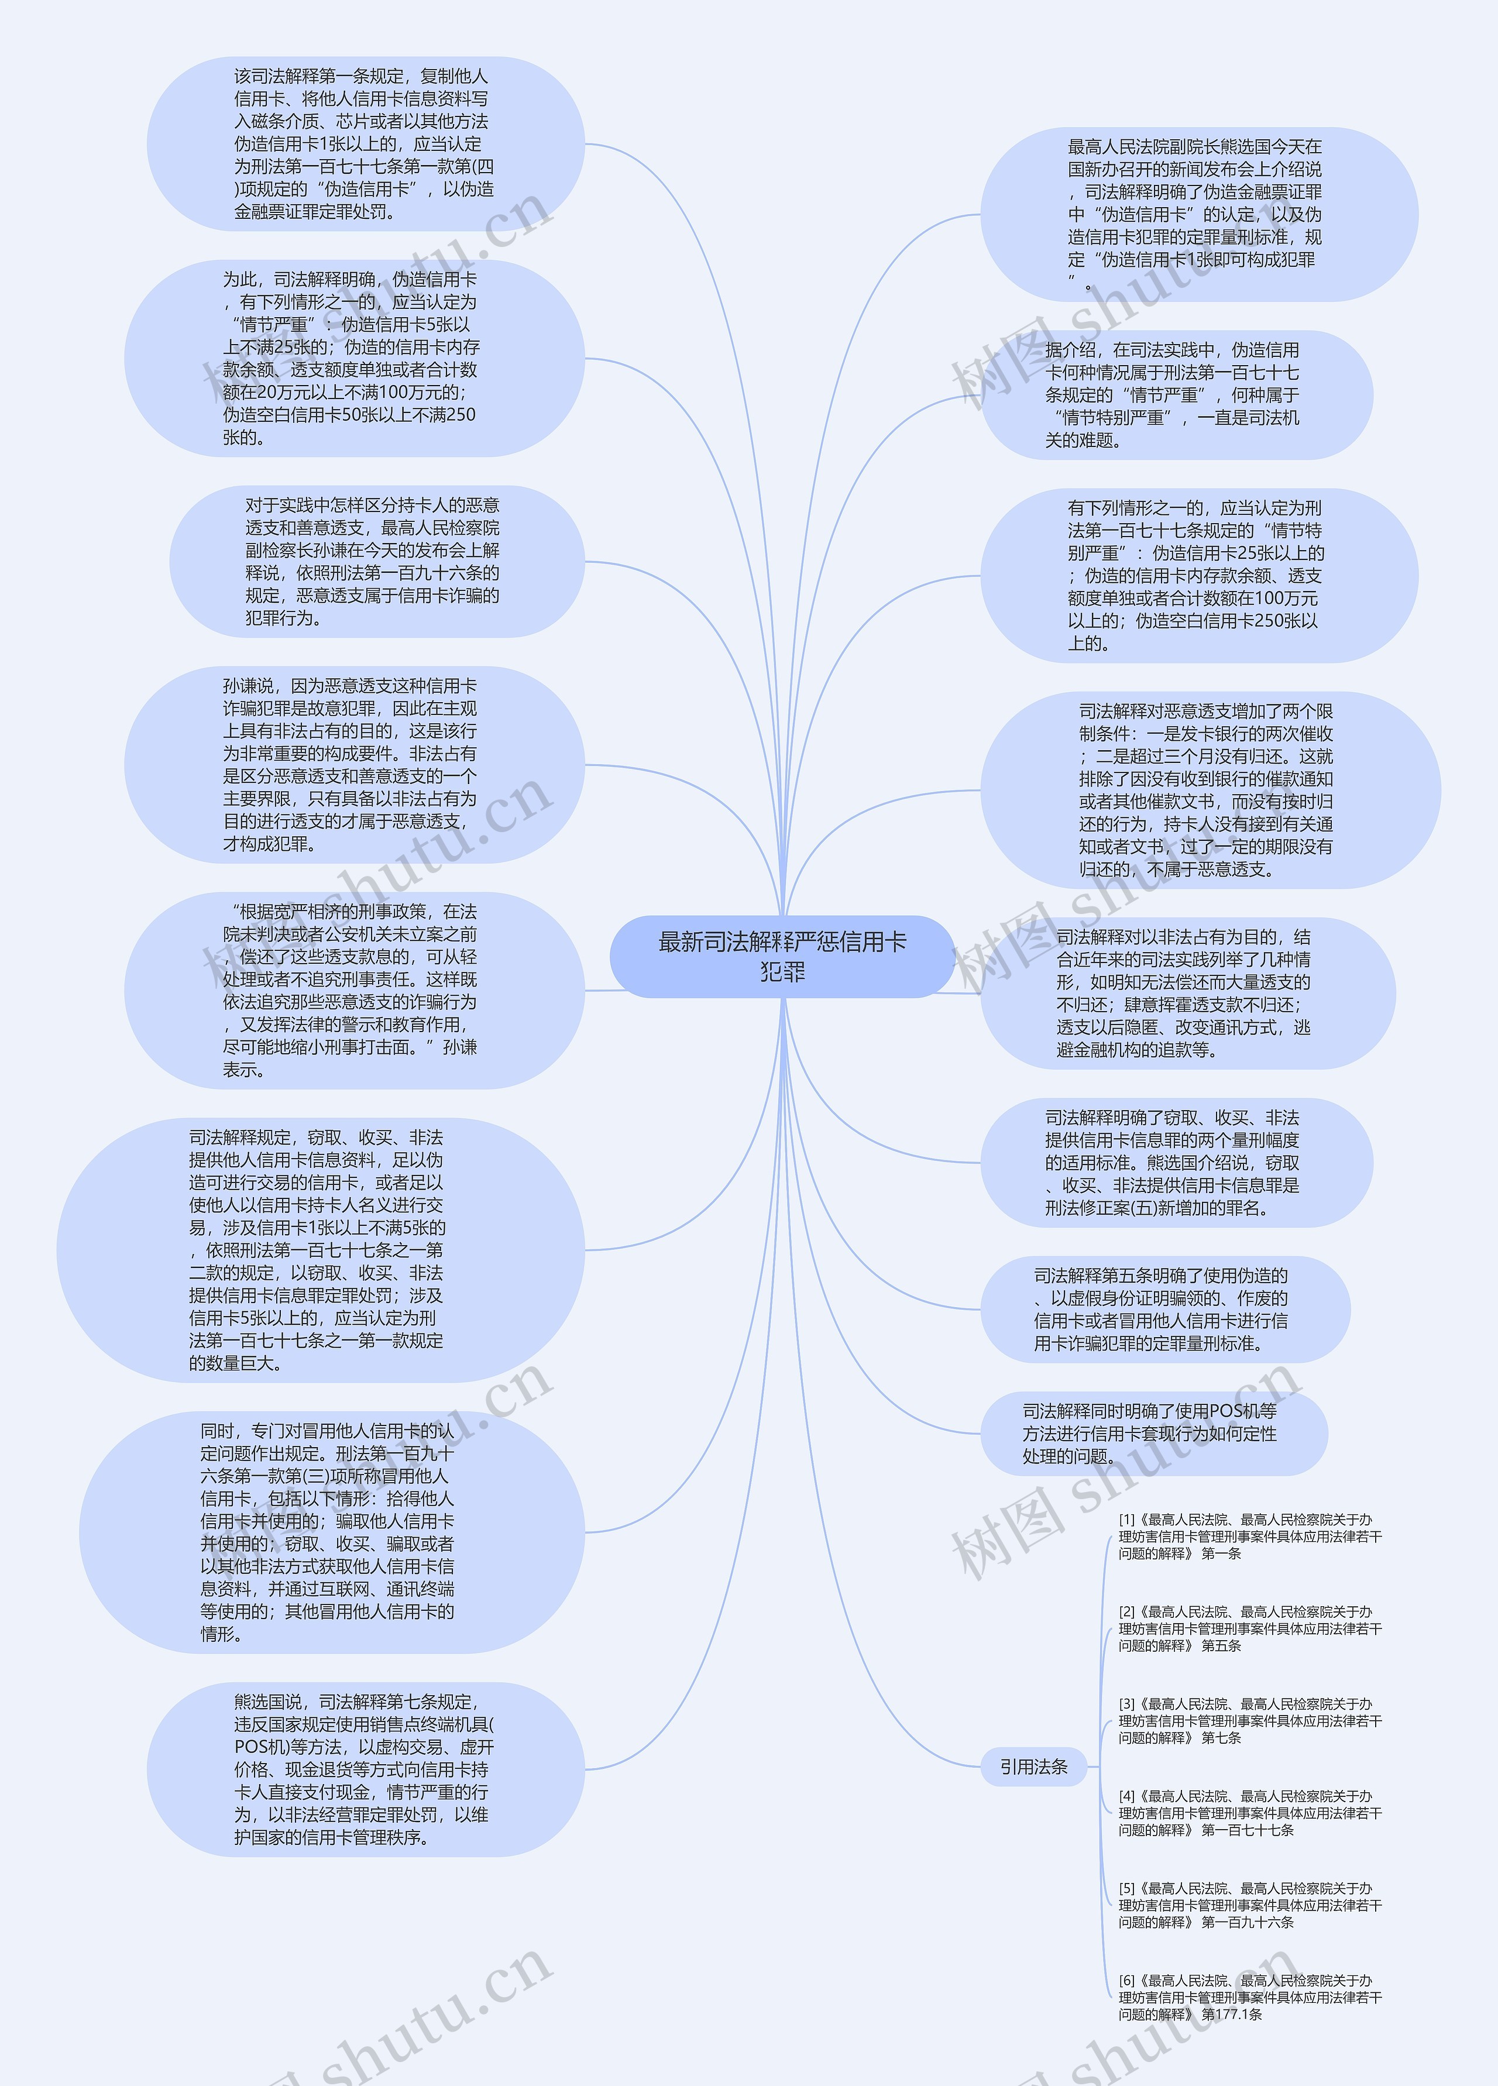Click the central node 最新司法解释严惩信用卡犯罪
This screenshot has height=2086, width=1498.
click(x=782, y=957)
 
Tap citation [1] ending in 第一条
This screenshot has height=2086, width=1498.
click(x=1249, y=1537)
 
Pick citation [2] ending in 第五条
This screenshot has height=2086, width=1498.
click(x=1249, y=1629)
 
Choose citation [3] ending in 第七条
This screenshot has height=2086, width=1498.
click(x=1249, y=1721)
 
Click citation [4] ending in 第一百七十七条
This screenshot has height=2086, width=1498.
click(x=1249, y=1813)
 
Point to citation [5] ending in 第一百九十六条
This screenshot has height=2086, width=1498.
click(x=1249, y=1905)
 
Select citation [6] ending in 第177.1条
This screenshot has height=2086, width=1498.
click(x=1249, y=1997)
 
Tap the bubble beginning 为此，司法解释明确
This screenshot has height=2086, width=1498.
click(x=354, y=358)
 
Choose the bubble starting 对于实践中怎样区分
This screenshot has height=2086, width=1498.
click(x=376, y=561)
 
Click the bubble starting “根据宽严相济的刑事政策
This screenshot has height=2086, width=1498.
click(x=354, y=991)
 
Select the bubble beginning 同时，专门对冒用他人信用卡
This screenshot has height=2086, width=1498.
click(x=331, y=1532)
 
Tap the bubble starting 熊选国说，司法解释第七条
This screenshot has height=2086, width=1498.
click(x=365, y=1769)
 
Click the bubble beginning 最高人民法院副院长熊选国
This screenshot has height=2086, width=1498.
click(x=1198, y=214)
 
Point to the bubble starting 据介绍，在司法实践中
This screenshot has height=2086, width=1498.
click(x=1176, y=394)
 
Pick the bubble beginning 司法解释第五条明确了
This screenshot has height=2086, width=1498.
click(x=1164, y=1309)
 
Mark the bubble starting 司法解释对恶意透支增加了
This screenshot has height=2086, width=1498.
click(x=1210, y=790)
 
